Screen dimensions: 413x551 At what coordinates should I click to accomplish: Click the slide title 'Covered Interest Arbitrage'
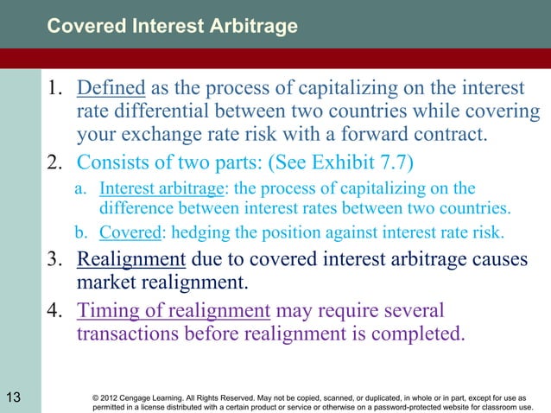[x=172, y=26]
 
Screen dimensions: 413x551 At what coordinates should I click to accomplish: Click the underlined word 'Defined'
[x=111, y=89]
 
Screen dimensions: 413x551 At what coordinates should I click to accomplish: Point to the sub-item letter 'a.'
[x=79, y=189]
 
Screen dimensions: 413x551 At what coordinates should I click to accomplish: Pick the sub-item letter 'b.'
[x=79, y=232]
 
